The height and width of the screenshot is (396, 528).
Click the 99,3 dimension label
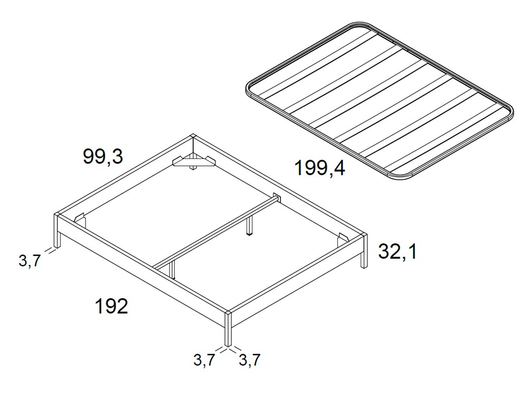click(x=103, y=156)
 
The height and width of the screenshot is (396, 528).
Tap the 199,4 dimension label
click(x=319, y=168)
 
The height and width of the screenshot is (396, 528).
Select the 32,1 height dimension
click(x=398, y=252)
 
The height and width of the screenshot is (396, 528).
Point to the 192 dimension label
click(x=111, y=306)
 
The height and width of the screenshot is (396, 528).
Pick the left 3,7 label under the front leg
click(x=204, y=360)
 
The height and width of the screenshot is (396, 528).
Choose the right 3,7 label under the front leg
click(x=249, y=360)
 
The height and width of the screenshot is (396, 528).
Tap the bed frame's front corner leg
click(x=228, y=329)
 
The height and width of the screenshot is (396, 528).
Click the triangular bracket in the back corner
click(x=193, y=161)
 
